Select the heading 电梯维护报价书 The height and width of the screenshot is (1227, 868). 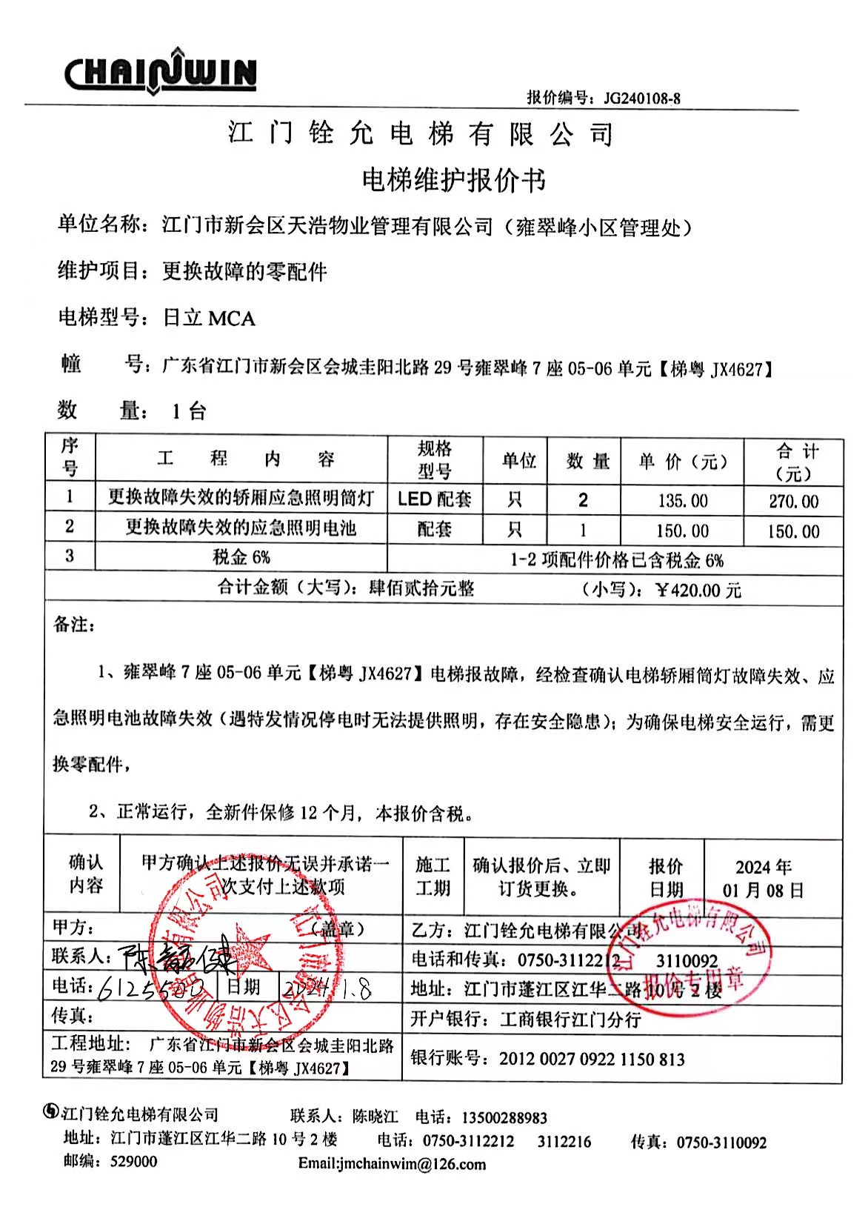coord(454,180)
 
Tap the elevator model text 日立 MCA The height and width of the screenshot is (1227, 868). coord(209,319)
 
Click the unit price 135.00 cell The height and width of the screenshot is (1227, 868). coord(683,501)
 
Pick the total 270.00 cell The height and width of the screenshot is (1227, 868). coord(793,502)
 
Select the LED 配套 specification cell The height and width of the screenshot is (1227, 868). coord(435,499)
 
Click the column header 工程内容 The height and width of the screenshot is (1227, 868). coord(245,459)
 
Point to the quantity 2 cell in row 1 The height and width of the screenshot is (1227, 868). coord(583,500)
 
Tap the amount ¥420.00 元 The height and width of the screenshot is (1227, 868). coord(698,591)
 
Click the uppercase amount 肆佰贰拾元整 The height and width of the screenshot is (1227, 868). coord(422,588)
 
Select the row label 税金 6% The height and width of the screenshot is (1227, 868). coord(241,557)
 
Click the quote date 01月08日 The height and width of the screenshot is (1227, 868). coord(763,891)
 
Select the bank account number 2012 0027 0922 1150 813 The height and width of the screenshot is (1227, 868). coord(592,1059)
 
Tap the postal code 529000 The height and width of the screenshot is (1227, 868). coord(133,1162)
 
